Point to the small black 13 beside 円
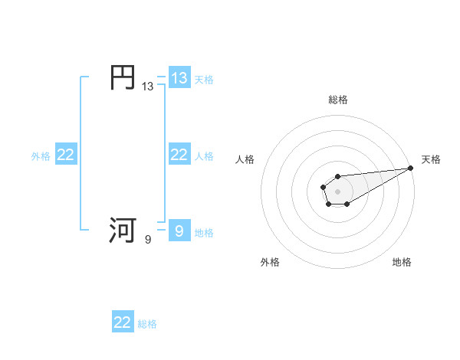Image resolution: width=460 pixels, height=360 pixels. [147, 87]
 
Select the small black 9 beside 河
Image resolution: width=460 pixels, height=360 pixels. [148, 240]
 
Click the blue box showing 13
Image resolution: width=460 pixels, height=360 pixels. [179, 78]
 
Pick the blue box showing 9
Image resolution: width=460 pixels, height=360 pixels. [179, 231]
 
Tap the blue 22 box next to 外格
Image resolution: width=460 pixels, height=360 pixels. [66, 155]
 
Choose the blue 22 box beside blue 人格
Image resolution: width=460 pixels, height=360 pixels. [179, 155]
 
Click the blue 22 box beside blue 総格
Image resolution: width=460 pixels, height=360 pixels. [123, 322]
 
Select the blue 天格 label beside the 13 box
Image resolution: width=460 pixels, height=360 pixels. [204, 79]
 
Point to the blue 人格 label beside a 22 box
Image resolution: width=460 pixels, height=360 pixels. [204, 156]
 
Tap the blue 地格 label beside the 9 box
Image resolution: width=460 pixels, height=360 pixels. [204, 233]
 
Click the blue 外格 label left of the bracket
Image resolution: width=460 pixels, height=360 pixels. [41, 156]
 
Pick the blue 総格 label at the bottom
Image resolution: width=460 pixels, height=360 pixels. [147, 324]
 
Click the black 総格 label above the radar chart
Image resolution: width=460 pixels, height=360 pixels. [337, 100]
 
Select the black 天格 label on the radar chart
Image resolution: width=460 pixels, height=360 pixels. [431, 159]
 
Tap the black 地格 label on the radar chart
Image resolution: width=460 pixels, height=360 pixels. [402, 262]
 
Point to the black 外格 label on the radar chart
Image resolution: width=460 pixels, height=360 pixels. [270, 262]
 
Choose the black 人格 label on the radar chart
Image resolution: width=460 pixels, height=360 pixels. [245, 159]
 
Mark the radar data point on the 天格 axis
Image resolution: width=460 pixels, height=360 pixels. [410, 168]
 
